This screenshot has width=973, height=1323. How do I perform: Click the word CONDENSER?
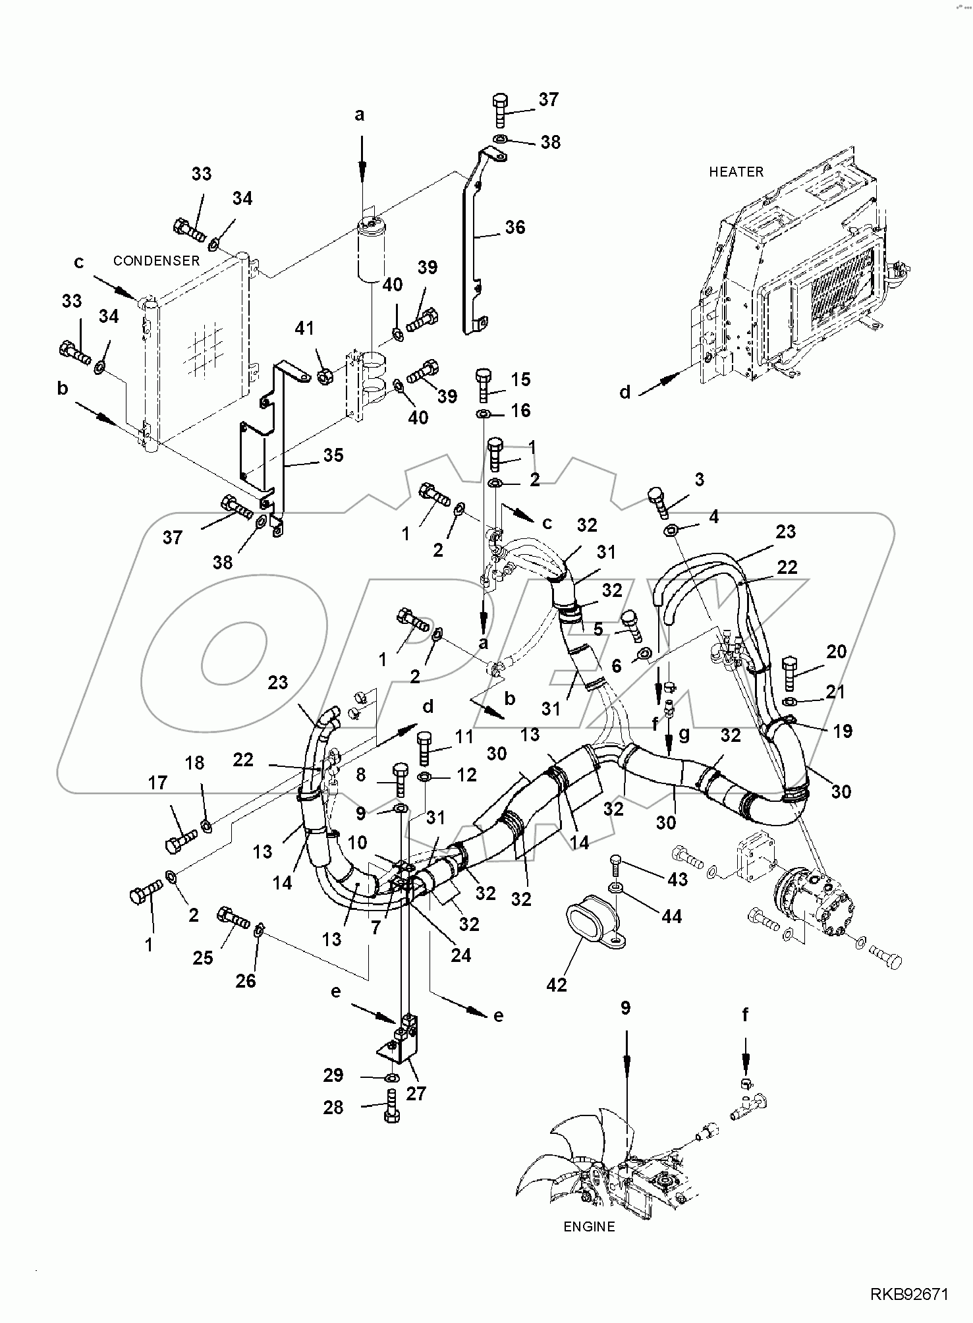click(156, 261)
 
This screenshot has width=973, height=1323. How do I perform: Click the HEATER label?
click(736, 172)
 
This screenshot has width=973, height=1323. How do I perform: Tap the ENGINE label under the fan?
click(589, 1227)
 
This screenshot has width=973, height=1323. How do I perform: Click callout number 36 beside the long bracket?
click(514, 227)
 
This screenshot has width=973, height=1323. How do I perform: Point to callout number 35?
click(333, 455)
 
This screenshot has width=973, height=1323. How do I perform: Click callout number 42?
click(557, 984)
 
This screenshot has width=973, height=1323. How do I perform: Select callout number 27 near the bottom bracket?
click(416, 1093)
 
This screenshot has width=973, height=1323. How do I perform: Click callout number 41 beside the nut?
click(304, 328)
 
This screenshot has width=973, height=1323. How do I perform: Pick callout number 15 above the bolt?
click(520, 380)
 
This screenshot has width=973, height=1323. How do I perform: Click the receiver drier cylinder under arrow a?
click(373, 252)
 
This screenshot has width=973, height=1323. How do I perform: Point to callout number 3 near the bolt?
click(699, 480)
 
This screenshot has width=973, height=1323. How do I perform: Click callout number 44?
click(671, 916)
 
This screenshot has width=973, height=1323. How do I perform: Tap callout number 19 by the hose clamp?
click(843, 731)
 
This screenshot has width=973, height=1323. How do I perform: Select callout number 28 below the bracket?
click(333, 1108)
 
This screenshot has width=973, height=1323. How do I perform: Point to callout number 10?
click(357, 842)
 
